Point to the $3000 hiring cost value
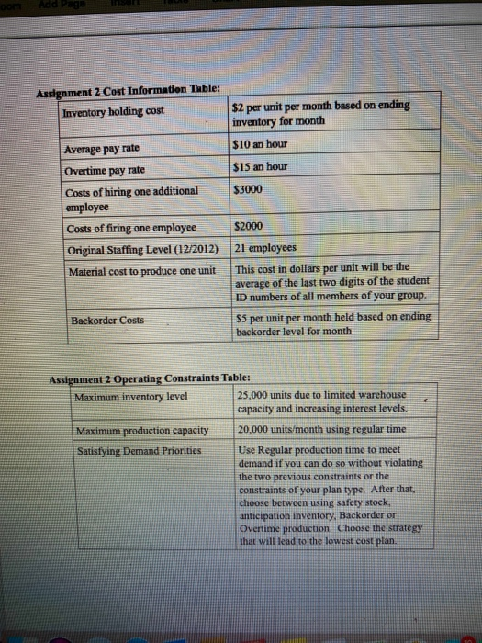(251, 189)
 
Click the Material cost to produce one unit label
(140, 270)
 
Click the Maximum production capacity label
(141, 431)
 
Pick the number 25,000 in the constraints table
(253, 395)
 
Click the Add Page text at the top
(62, 6)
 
